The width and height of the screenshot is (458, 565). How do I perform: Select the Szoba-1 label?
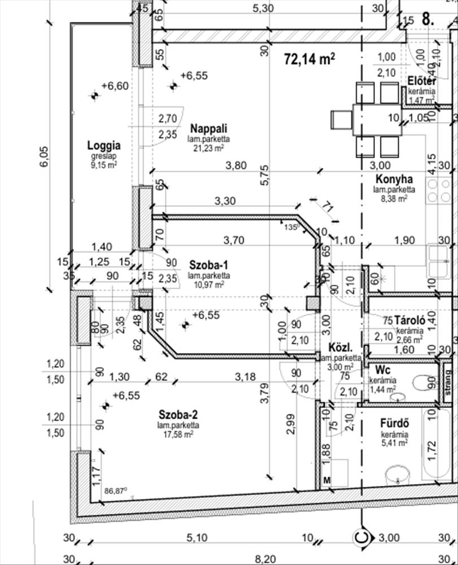pyautogui.click(x=208, y=265)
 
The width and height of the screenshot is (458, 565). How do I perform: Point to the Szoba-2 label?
pyautogui.click(x=178, y=414)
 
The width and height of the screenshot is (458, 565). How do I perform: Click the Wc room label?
pyautogui.click(x=376, y=371)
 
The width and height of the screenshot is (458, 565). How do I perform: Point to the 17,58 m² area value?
pyautogui.click(x=178, y=434)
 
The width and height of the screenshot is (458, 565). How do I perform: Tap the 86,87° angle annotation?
pyautogui.click(x=116, y=490)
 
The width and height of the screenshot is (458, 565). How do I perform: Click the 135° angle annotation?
pyautogui.click(x=291, y=227)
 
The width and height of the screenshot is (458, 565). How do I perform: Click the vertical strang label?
pyautogui.click(x=447, y=383)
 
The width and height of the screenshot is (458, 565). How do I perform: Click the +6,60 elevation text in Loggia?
pyautogui.click(x=115, y=86)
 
